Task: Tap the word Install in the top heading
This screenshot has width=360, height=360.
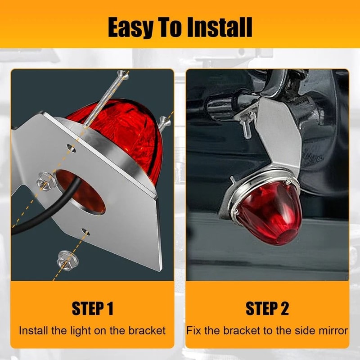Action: point(220,28)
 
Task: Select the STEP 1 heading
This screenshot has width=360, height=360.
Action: point(92,309)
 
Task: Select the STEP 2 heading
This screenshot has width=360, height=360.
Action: point(267,309)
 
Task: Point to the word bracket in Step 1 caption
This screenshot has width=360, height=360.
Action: point(143,331)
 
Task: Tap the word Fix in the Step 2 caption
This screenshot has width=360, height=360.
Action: point(194,331)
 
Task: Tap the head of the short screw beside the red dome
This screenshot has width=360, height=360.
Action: point(164,121)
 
